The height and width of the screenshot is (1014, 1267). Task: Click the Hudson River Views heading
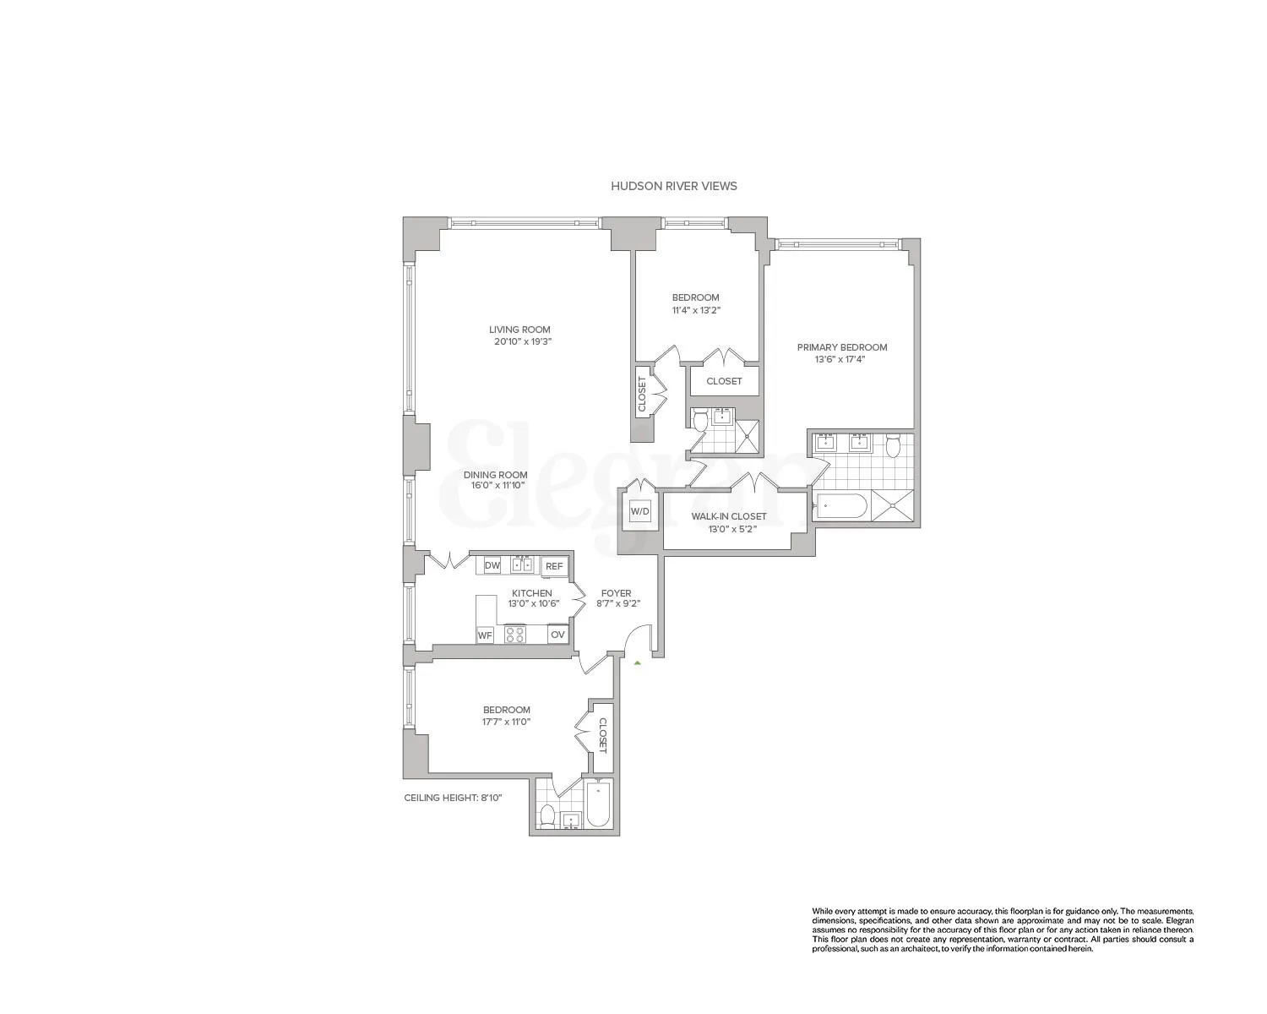coord(673,186)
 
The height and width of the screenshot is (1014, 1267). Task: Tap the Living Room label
coord(519,330)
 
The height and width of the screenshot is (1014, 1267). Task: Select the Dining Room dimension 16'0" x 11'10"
coord(495,486)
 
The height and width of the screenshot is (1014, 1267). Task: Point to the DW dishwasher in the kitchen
coord(492,565)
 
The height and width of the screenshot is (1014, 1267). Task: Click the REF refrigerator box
coord(554,566)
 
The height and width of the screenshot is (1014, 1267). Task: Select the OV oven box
coord(557,635)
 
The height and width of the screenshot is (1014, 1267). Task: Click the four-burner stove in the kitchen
coord(515,635)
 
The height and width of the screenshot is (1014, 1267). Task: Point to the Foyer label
coord(615,593)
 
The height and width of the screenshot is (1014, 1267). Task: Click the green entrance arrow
coord(638,664)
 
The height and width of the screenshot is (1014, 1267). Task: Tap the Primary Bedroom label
coord(842,347)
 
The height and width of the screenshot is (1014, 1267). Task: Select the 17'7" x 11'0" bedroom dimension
coord(506,722)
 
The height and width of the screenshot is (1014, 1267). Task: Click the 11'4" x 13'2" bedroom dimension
coord(695,310)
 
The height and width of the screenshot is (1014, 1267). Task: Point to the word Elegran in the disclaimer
coord(1177,920)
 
